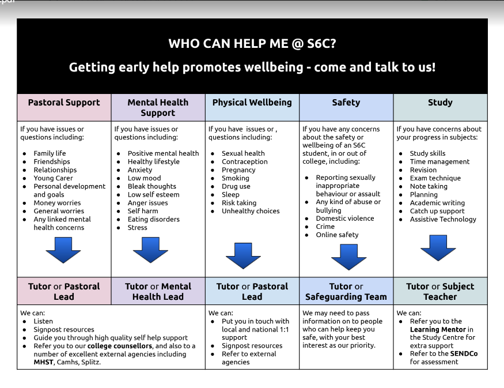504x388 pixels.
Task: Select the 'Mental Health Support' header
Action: tap(158, 107)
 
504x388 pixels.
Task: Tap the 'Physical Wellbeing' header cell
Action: tap(252, 107)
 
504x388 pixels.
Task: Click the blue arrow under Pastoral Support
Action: tap(63, 250)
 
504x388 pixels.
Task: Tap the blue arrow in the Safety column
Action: tap(348, 257)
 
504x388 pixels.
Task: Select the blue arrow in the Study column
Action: tap(438, 248)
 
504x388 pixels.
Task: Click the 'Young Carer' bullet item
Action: tap(53, 178)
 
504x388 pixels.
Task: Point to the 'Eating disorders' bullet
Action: tap(154, 219)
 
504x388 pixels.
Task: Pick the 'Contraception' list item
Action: tap(245, 161)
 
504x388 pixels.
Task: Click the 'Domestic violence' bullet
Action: tap(345, 218)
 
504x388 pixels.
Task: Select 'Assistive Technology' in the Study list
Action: tap(443, 219)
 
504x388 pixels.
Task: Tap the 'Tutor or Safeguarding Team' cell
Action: tap(346, 291)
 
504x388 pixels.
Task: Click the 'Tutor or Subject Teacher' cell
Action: tap(441, 291)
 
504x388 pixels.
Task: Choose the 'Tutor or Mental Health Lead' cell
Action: tap(158, 291)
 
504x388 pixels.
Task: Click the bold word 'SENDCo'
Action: tap(464, 353)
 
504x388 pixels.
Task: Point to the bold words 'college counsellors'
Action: tap(120, 346)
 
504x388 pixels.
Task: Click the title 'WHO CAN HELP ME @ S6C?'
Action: tap(252, 43)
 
